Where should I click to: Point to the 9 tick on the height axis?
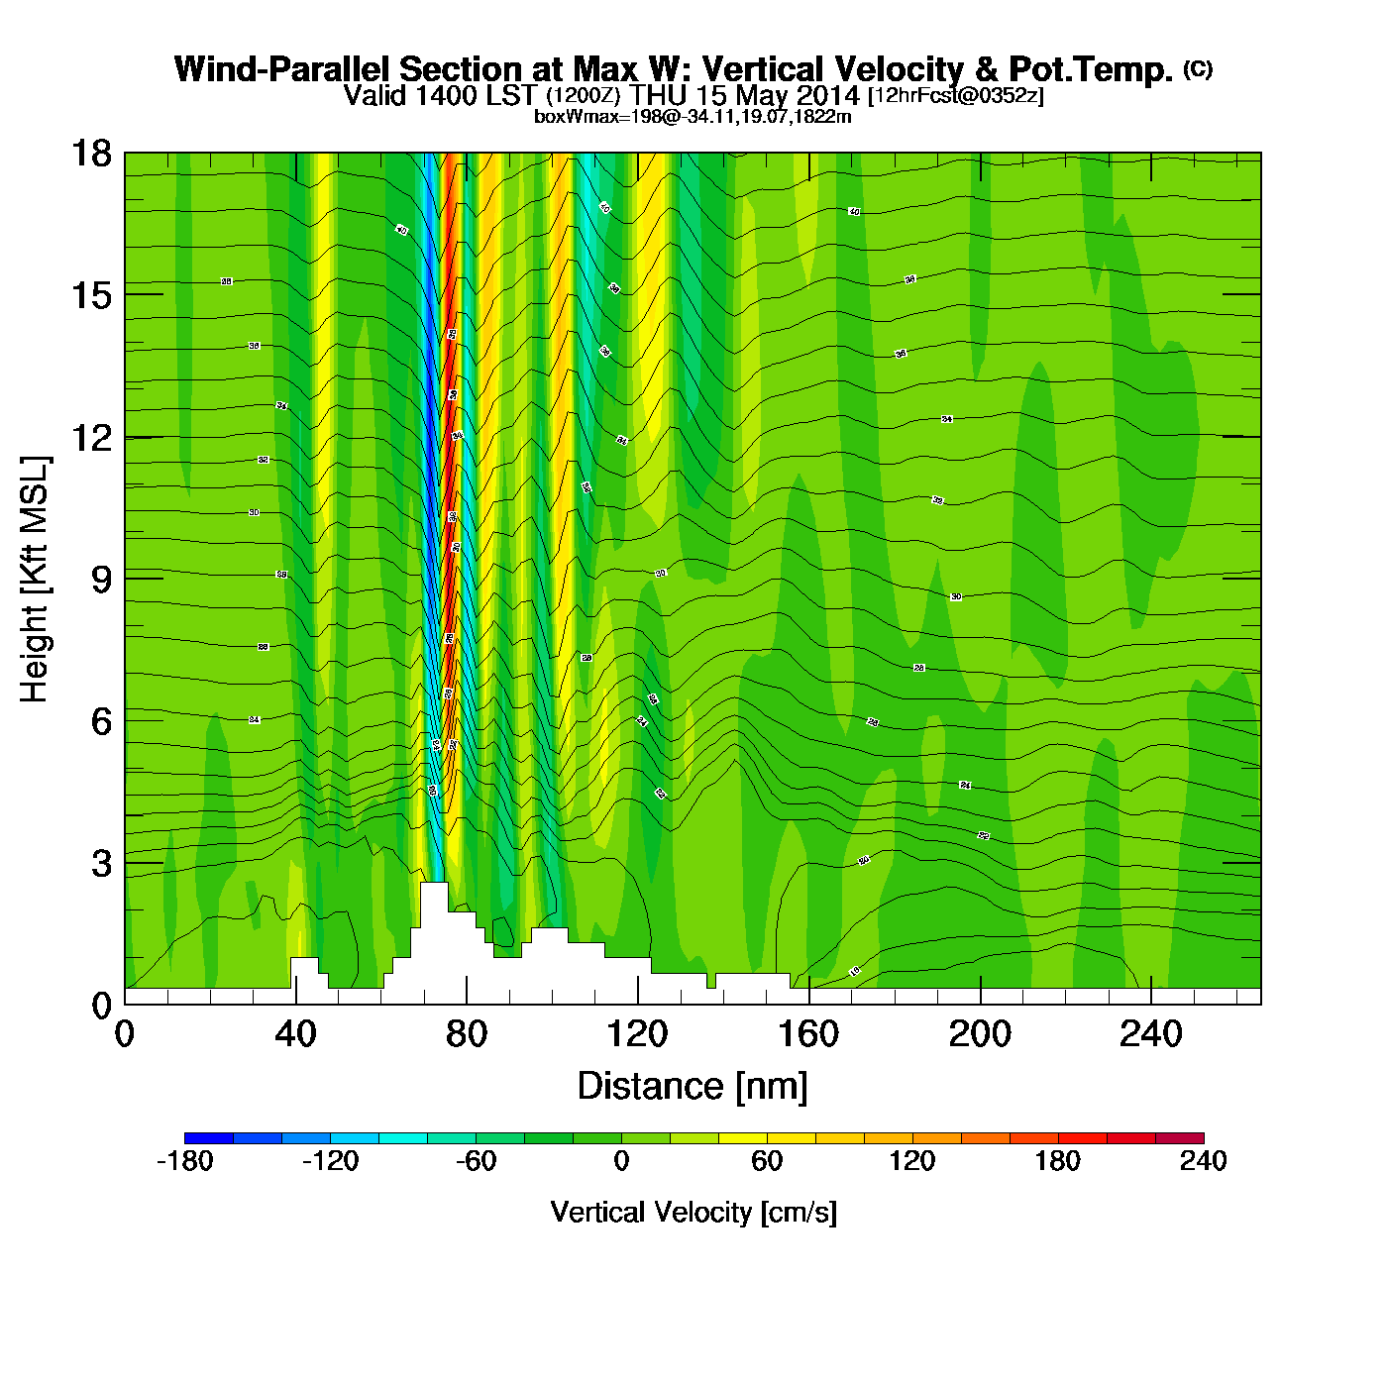pyautogui.click(x=101, y=579)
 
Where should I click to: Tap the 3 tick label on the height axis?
pyautogui.click(x=101, y=863)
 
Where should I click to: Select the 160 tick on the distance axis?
pyautogui.click(x=808, y=1034)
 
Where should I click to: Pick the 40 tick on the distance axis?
pyautogui.click(x=295, y=1034)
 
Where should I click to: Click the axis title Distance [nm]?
pyautogui.click(x=693, y=1086)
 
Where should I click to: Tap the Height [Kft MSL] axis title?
pyautogui.click(x=35, y=580)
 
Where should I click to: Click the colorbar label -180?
pyautogui.click(x=185, y=1161)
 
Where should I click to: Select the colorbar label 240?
pyautogui.click(x=1203, y=1161)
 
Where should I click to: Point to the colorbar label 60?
pyautogui.click(x=767, y=1161)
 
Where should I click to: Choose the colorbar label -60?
pyautogui.click(x=476, y=1161)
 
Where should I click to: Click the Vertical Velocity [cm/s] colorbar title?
pyautogui.click(x=693, y=1212)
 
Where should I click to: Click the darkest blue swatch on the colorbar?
pyautogui.click(x=209, y=1138)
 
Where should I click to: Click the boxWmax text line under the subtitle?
pyautogui.click(x=693, y=116)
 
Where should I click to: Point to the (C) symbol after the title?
pyautogui.click(x=1198, y=68)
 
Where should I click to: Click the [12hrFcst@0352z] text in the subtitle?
pyautogui.click(x=955, y=96)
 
